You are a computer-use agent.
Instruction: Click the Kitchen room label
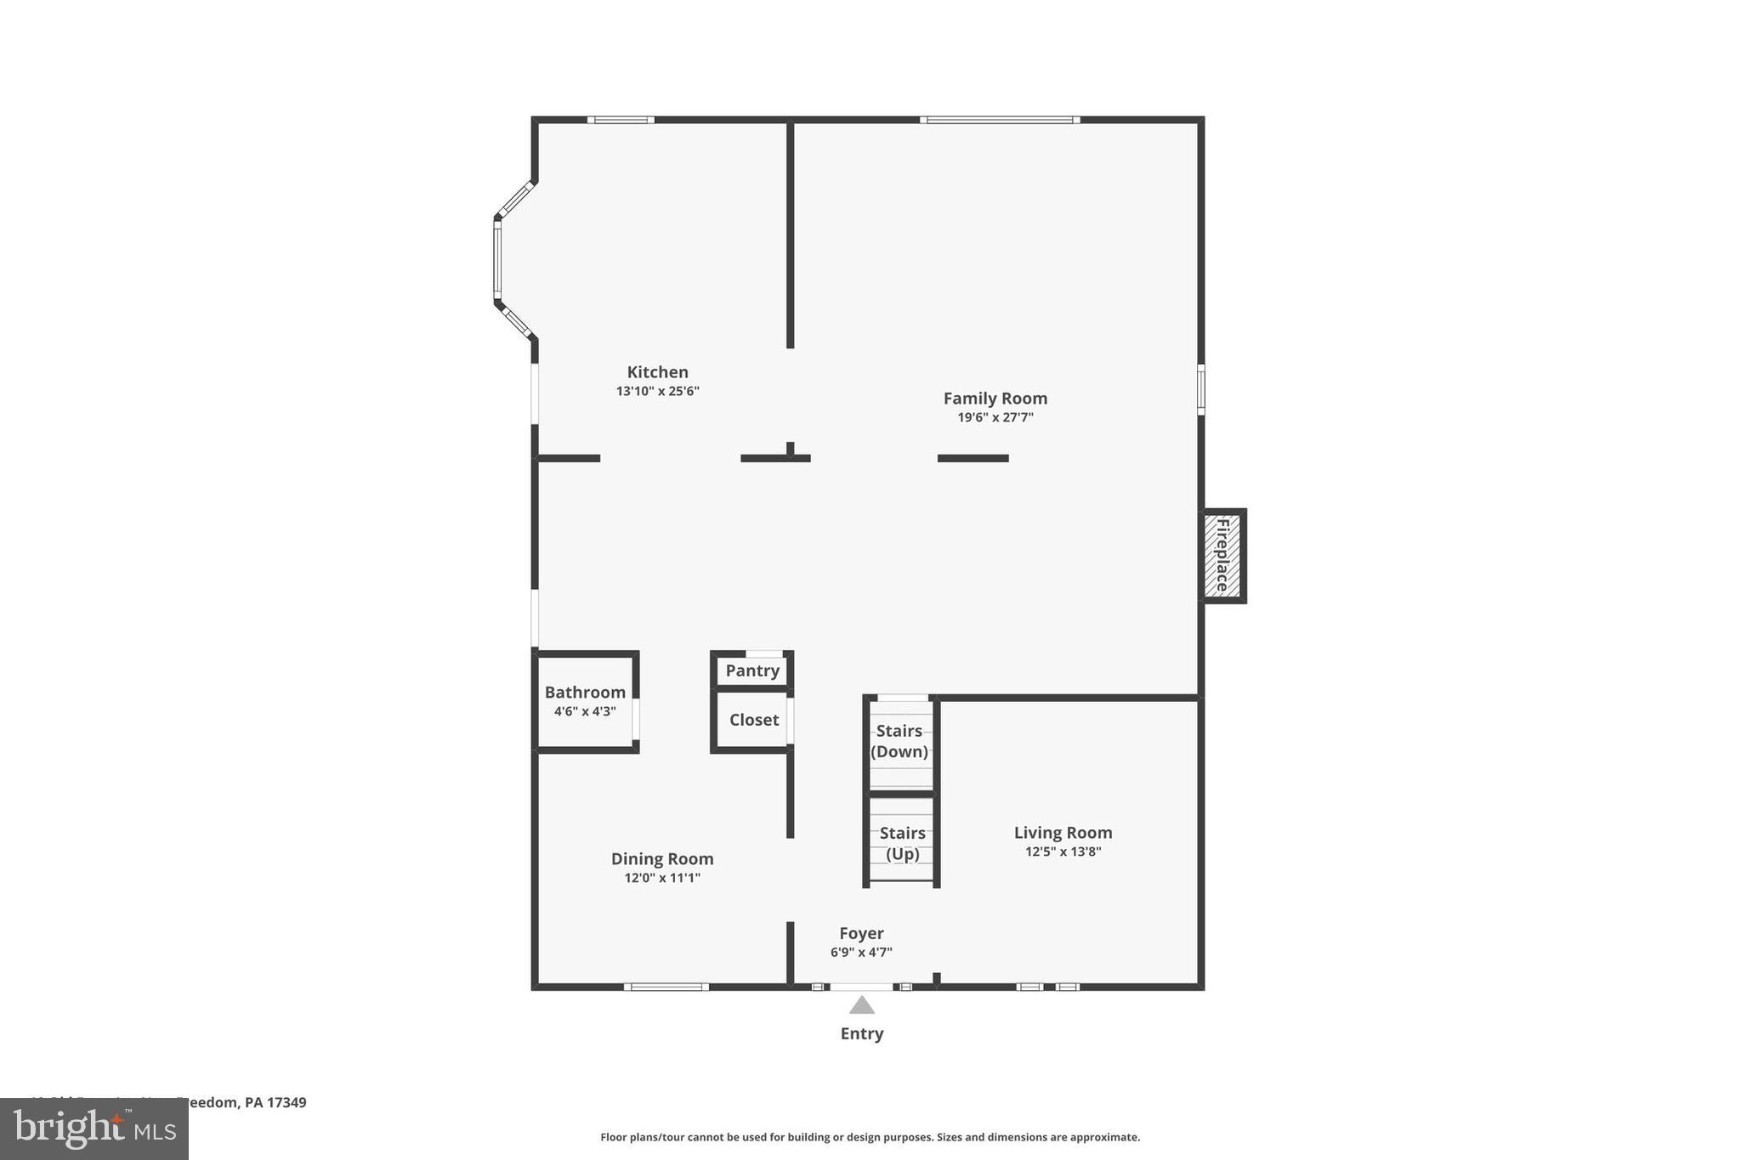[x=657, y=372]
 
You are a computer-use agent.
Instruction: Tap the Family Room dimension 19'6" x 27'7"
[x=995, y=417]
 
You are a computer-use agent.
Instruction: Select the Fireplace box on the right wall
[x=1222, y=556]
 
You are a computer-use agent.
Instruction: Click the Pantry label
[x=752, y=671]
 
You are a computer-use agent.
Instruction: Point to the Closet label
[x=753, y=720]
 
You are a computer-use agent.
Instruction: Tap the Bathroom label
[x=585, y=693]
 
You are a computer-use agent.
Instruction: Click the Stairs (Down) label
[x=899, y=741]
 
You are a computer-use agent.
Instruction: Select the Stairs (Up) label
[x=902, y=843]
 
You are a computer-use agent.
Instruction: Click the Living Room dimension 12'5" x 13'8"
[x=1063, y=852]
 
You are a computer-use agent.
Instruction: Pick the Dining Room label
[x=662, y=859]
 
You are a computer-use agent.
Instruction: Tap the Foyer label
[x=861, y=933]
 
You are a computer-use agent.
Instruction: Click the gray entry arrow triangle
[x=862, y=1006]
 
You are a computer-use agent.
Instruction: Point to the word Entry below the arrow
[x=862, y=1033]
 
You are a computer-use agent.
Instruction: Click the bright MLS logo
[x=94, y=1129]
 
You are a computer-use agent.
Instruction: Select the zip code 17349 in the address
[x=286, y=1102]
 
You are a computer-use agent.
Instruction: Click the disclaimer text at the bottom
[x=870, y=1137]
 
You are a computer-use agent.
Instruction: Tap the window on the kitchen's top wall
[x=621, y=120]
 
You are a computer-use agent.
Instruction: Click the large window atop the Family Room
[x=1000, y=120]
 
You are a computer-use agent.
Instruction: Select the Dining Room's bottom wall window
[x=666, y=987]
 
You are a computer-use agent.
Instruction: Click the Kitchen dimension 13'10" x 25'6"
[x=657, y=392]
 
